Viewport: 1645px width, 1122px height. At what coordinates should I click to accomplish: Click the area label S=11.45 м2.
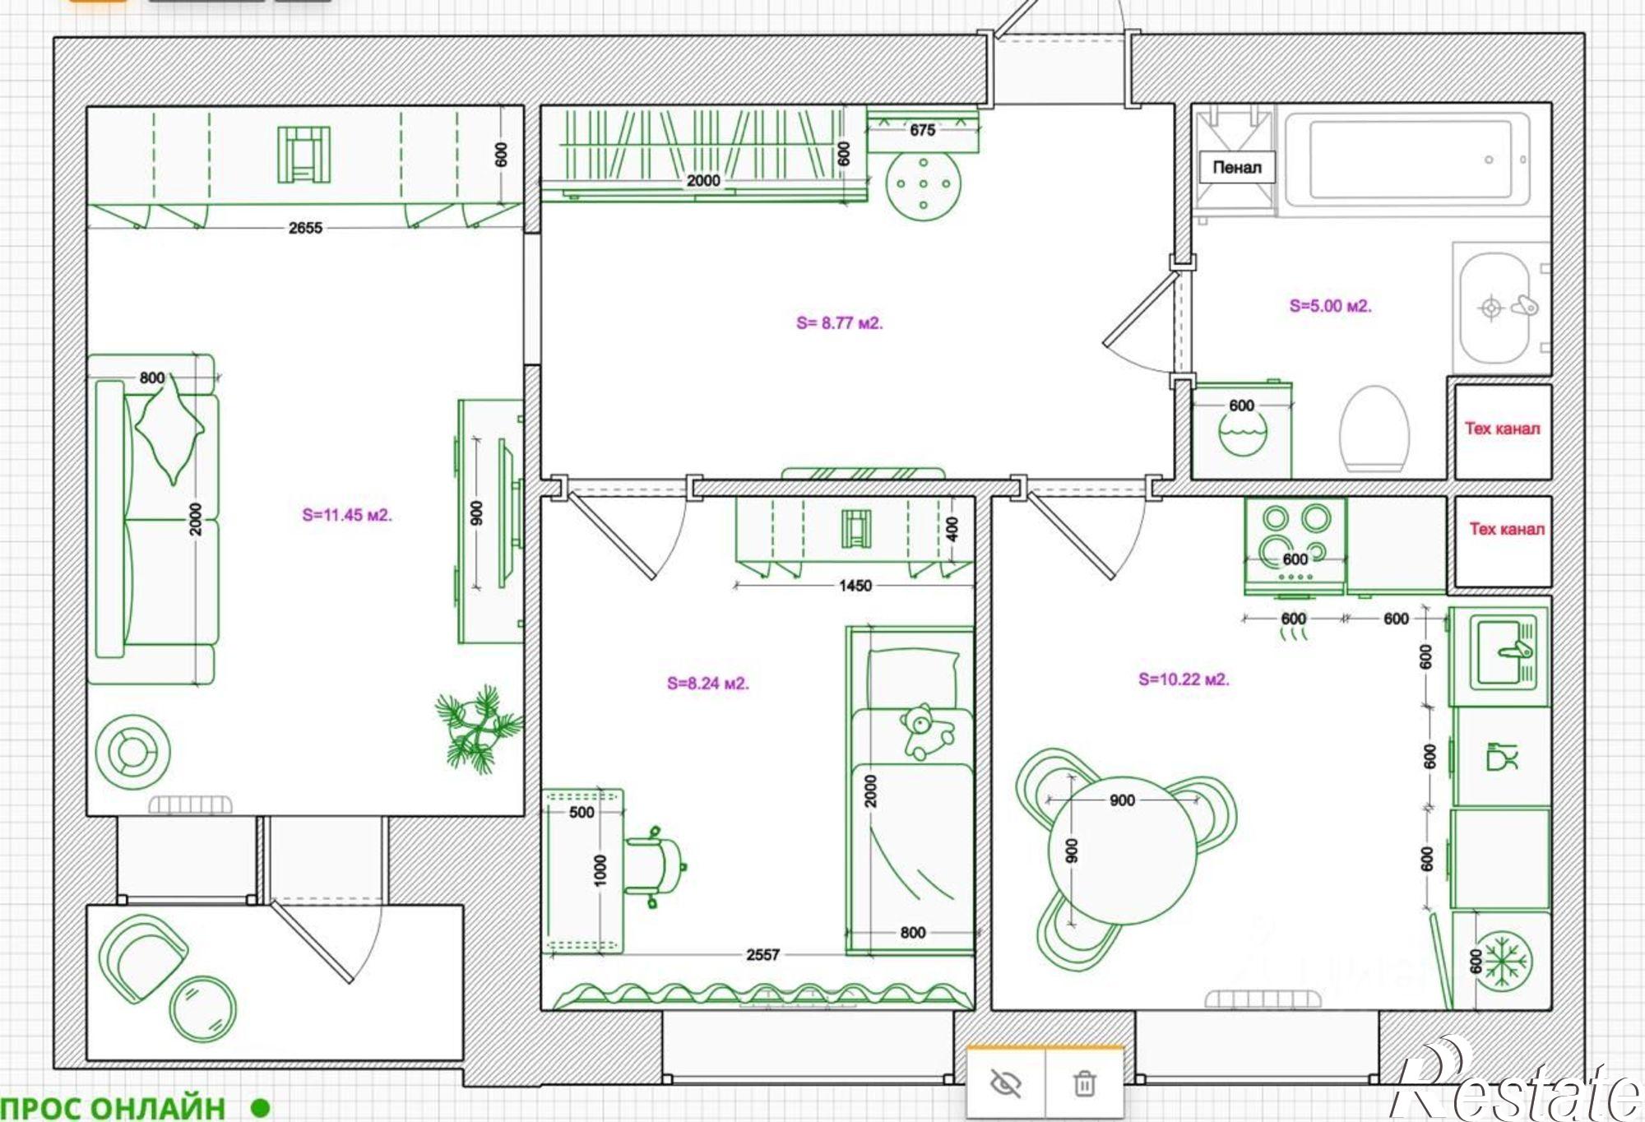tap(347, 515)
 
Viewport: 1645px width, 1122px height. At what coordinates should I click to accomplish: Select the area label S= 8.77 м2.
tap(839, 322)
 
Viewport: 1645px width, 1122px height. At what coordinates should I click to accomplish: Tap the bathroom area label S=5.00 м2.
tap(1330, 306)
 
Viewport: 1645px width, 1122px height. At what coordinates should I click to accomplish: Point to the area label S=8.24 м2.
tap(708, 683)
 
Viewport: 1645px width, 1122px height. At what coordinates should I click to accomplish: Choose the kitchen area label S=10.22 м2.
tap(1184, 679)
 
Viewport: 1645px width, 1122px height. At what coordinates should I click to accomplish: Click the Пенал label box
tap(1236, 167)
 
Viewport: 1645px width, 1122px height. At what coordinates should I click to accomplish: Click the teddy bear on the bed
tap(927, 731)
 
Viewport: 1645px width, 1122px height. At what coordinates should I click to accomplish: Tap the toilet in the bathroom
tap(1374, 429)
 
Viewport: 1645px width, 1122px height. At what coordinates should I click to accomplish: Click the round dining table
tap(1121, 850)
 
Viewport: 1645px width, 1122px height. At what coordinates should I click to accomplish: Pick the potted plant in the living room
tap(478, 728)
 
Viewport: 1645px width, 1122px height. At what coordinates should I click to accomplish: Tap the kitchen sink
tap(1499, 656)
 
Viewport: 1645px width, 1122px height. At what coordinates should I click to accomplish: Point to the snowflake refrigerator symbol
tap(1502, 959)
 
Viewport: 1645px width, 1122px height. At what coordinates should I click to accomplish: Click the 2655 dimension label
tap(305, 228)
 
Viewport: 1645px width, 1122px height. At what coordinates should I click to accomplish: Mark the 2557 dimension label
tap(762, 954)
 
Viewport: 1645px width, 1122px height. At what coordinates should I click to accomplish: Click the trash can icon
tap(1084, 1083)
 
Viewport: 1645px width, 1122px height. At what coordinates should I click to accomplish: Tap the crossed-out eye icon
tap(1006, 1083)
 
